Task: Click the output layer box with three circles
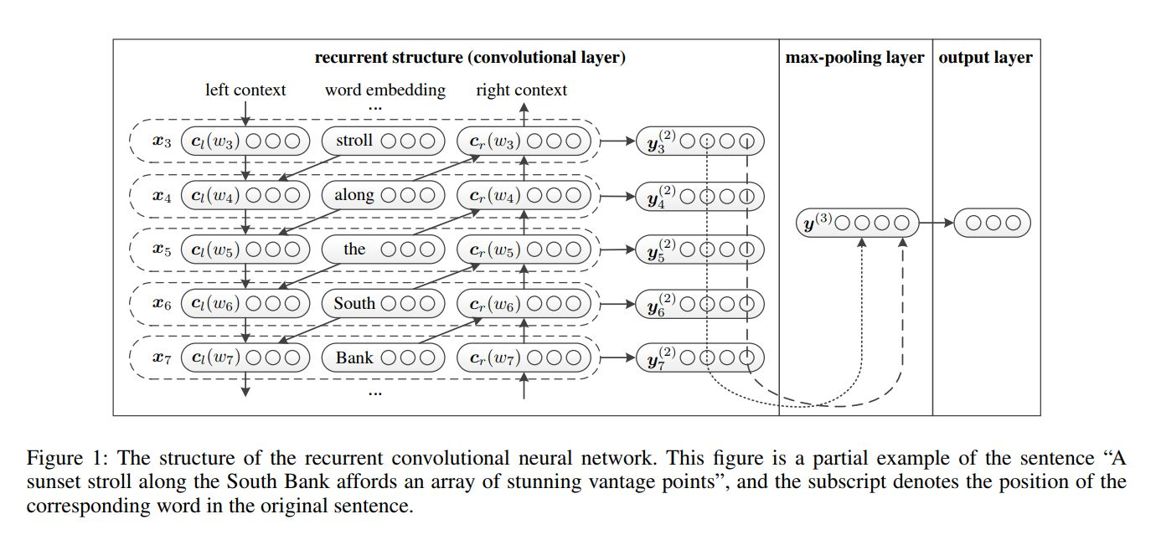click(x=993, y=223)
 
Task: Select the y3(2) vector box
click(x=700, y=141)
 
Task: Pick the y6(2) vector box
click(x=700, y=304)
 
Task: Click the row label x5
click(x=161, y=249)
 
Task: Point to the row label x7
click(x=161, y=358)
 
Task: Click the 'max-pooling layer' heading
click(x=854, y=58)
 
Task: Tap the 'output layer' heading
click(x=985, y=58)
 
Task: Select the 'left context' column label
click(x=245, y=90)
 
